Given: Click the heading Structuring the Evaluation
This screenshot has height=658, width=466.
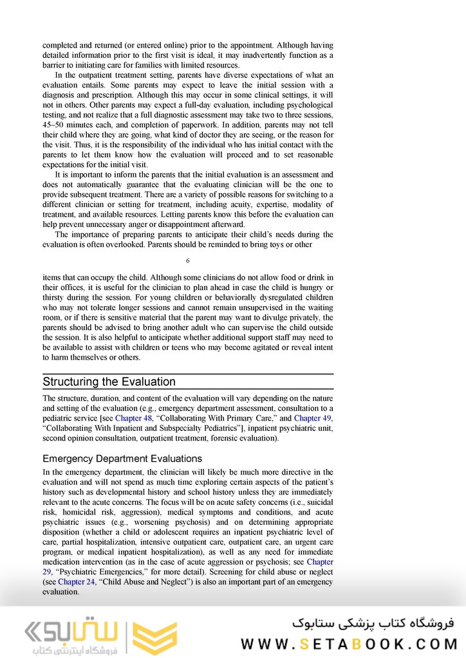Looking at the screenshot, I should click(109, 381).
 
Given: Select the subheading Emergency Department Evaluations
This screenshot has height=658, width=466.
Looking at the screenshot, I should click(122, 459).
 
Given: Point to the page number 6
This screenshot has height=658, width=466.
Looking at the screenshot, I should click(187, 260).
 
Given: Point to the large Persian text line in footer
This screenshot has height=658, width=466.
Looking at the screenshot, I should click(373, 623).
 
